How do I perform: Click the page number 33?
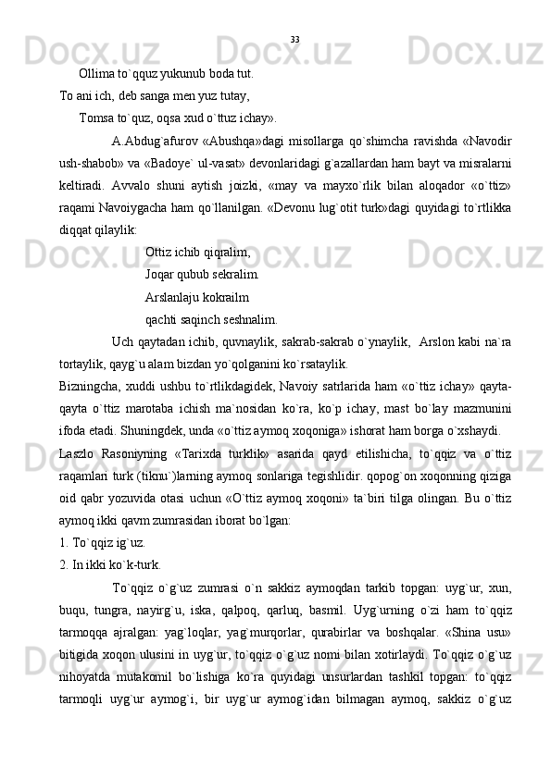point(294,40)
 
